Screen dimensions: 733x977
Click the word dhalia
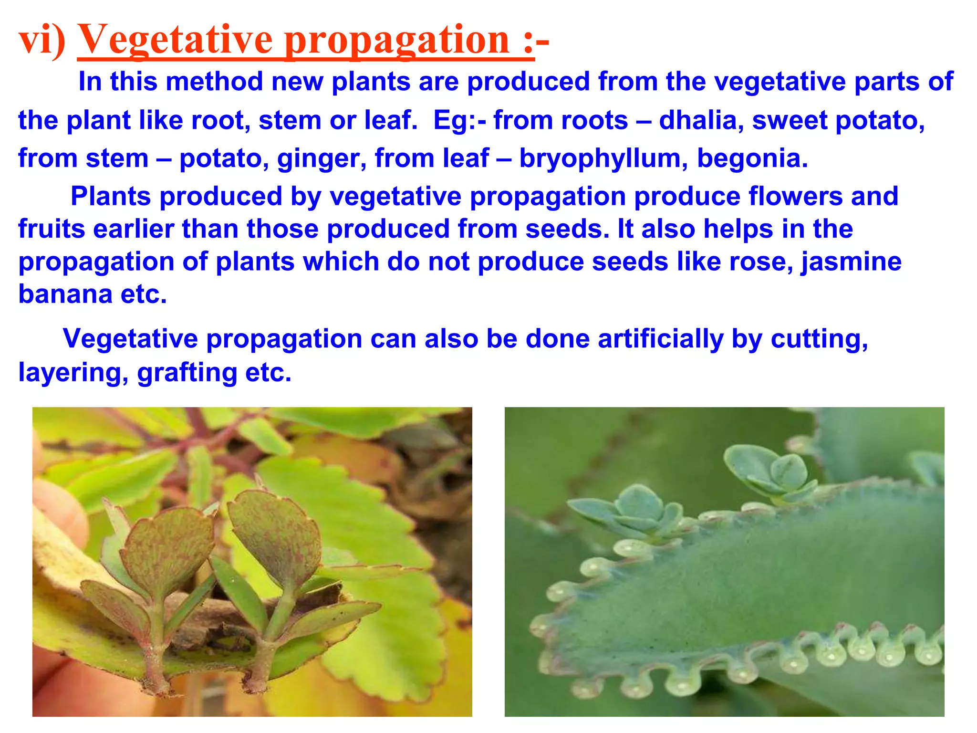coord(701,120)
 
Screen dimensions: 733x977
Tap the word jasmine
coord(851,262)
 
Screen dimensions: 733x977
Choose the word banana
coord(65,294)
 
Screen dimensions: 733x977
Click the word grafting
coord(187,373)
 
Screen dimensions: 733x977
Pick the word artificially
coord(661,339)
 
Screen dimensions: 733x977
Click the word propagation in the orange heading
coord(398,40)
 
